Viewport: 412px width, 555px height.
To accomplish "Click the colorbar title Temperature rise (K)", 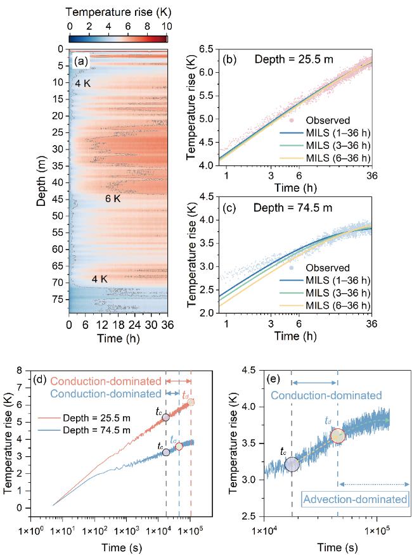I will click(118, 11).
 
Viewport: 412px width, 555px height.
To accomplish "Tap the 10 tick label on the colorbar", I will click(167, 26).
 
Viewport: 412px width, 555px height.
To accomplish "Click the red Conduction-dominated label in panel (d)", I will click(105, 381).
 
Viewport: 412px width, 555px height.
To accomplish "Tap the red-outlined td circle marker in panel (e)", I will click(337, 435).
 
